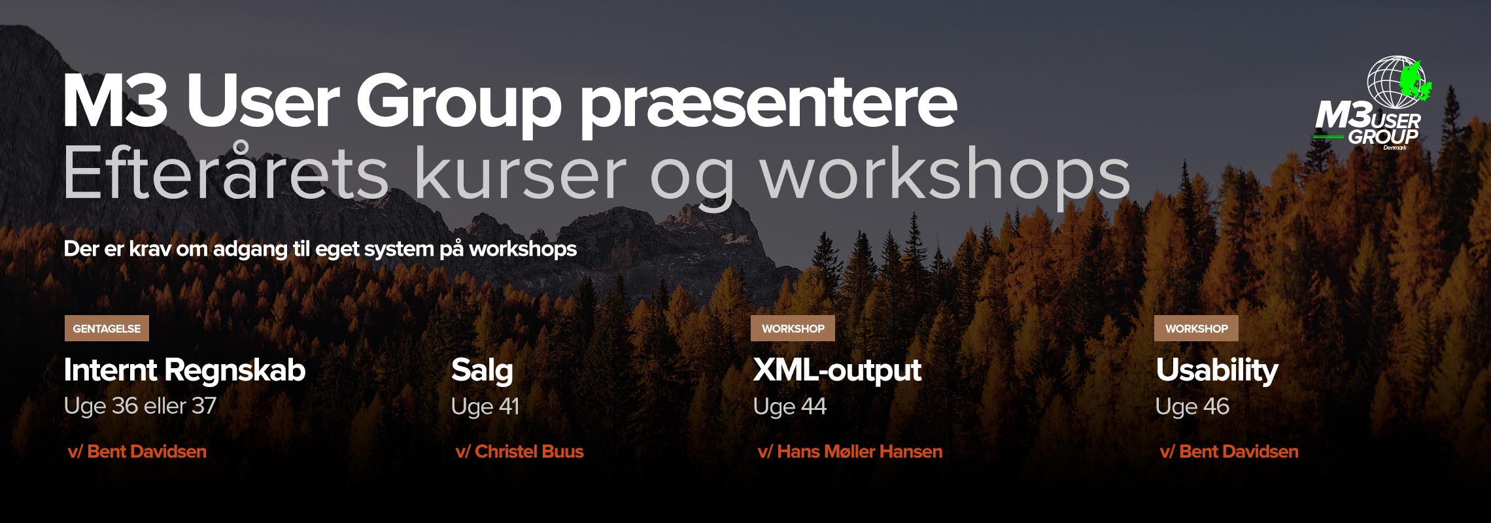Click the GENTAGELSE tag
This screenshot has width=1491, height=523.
point(107,329)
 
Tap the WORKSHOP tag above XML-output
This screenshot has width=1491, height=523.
point(793,329)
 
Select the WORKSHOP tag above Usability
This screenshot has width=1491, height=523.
point(1196,329)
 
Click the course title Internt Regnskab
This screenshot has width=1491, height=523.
point(184,371)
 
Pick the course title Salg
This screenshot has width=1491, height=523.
point(482,371)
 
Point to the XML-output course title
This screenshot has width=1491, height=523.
point(837,370)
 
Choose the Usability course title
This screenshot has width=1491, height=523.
point(1217,371)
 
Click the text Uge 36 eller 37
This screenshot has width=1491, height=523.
point(140,406)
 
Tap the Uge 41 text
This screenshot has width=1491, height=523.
point(485,406)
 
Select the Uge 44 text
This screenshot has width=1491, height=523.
point(790,406)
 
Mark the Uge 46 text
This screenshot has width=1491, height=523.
point(1193,406)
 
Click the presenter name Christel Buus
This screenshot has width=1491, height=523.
point(529,452)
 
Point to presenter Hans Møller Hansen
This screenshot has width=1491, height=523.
point(860,452)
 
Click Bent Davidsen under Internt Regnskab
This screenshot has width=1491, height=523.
point(146,452)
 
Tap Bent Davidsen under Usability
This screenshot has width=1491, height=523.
point(1239,452)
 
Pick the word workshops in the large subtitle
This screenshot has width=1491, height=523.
point(946,177)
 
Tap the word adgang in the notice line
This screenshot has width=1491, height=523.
point(250,250)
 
